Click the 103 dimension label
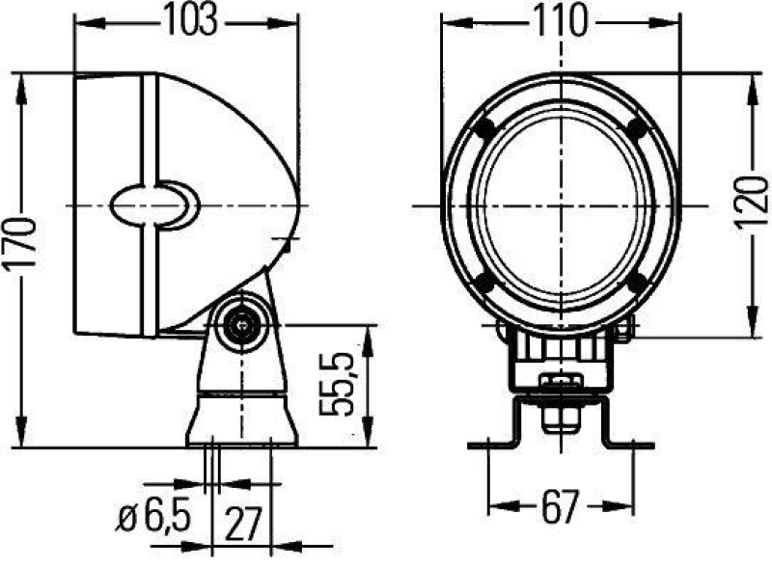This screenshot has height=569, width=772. [185, 21]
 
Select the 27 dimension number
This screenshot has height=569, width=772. [243, 523]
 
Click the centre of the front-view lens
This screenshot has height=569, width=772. [561, 205]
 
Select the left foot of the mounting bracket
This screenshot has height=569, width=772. [489, 445]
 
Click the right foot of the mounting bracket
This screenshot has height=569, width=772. [627, 445]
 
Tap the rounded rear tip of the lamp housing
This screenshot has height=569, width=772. [296, 205]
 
